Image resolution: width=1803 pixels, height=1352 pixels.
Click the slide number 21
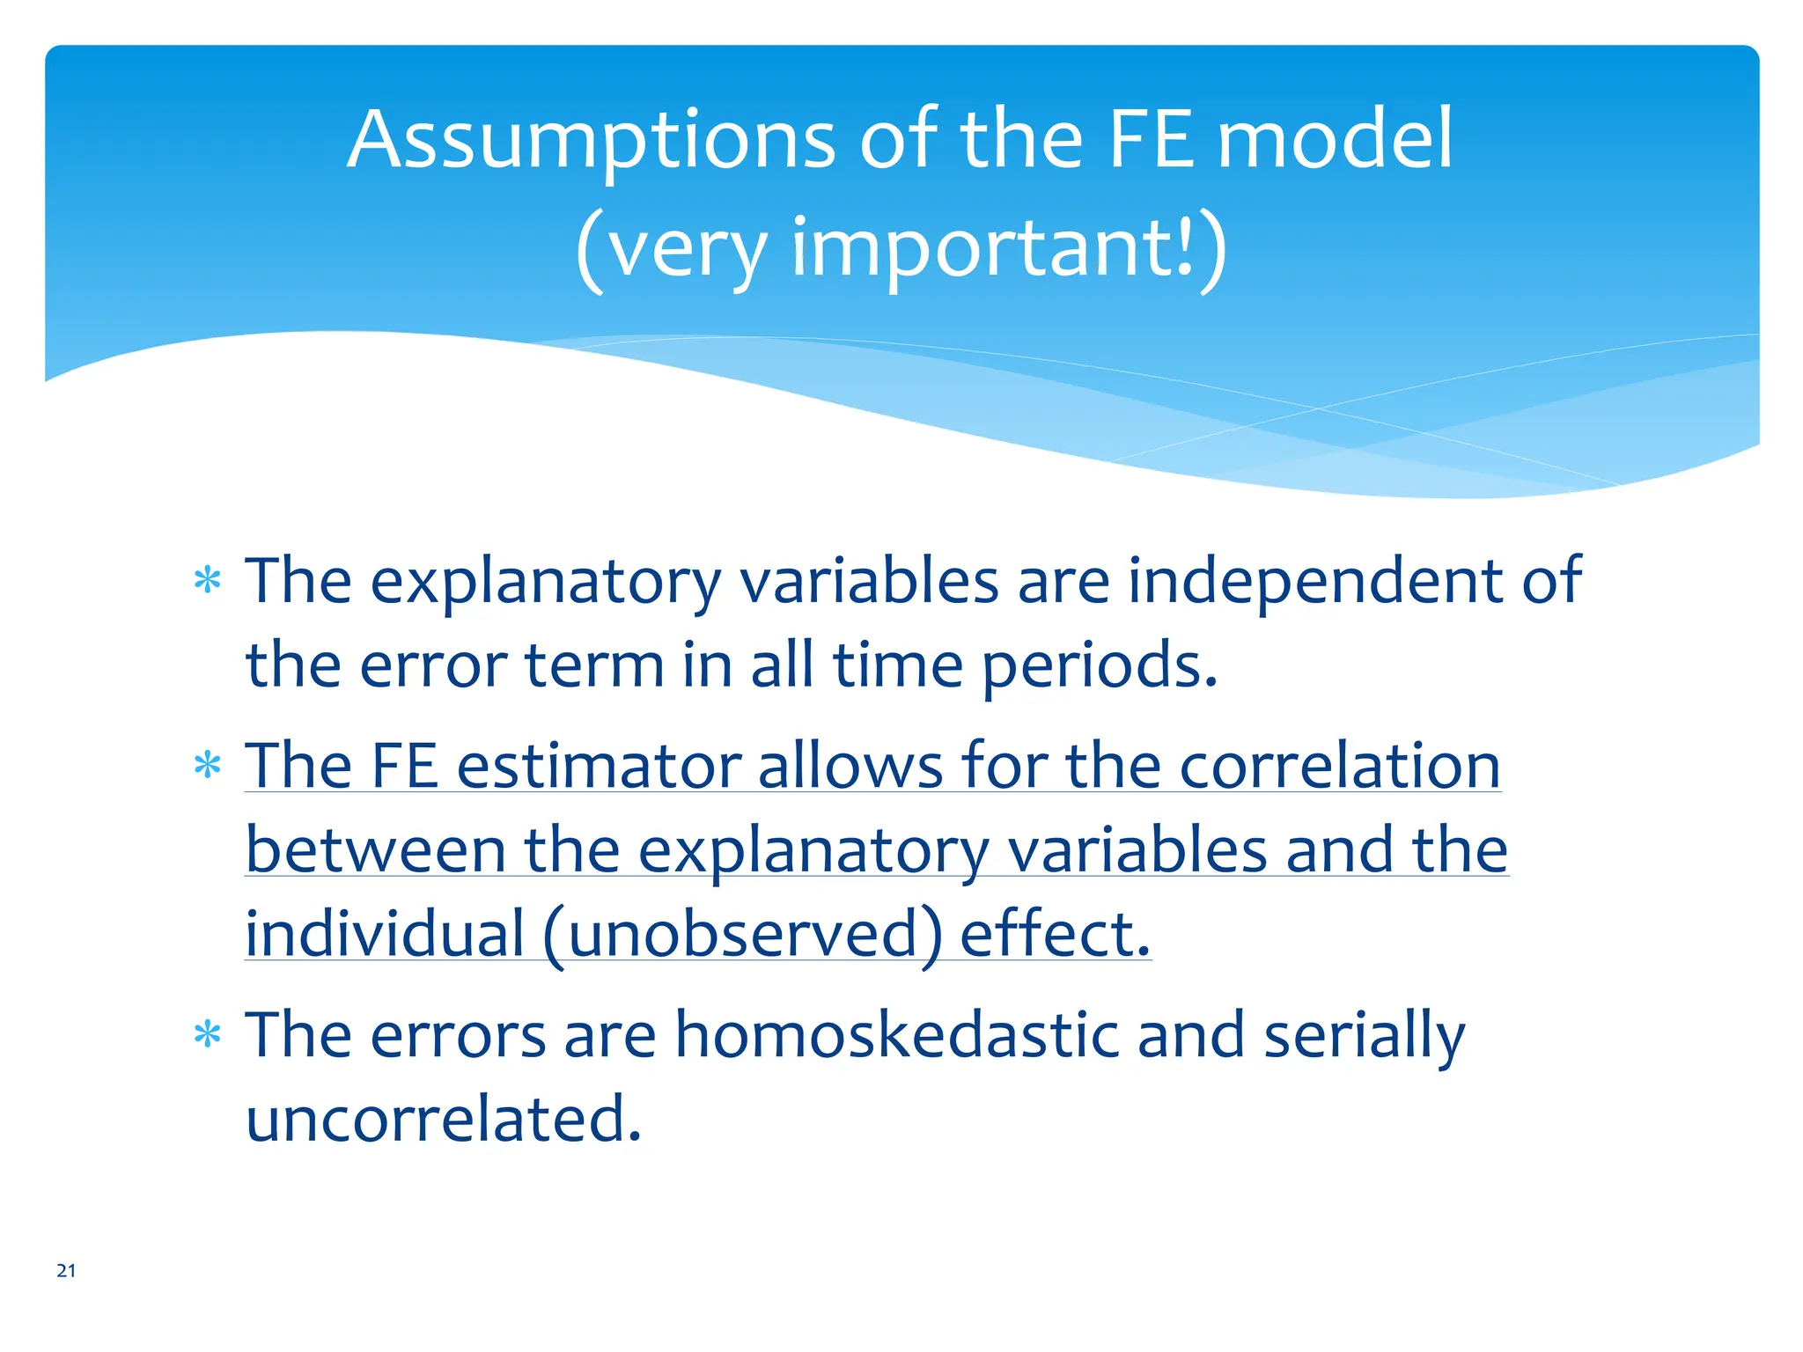click(x=66, y=1270)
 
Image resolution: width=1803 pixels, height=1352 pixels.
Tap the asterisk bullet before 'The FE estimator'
click(x=207, y=766)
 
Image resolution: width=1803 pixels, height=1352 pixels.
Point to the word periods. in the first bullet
click(x=1100, y=665)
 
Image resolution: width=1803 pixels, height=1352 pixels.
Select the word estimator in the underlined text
click(x=599, y=766)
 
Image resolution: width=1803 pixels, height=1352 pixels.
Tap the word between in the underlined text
click(x=376, y=850)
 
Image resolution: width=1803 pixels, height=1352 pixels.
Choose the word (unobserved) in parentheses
click(x=743, y=934)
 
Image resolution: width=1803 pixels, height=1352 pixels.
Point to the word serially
click(x=1364, y=1037)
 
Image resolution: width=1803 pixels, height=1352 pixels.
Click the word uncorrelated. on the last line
click(x=444, y=1119)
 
